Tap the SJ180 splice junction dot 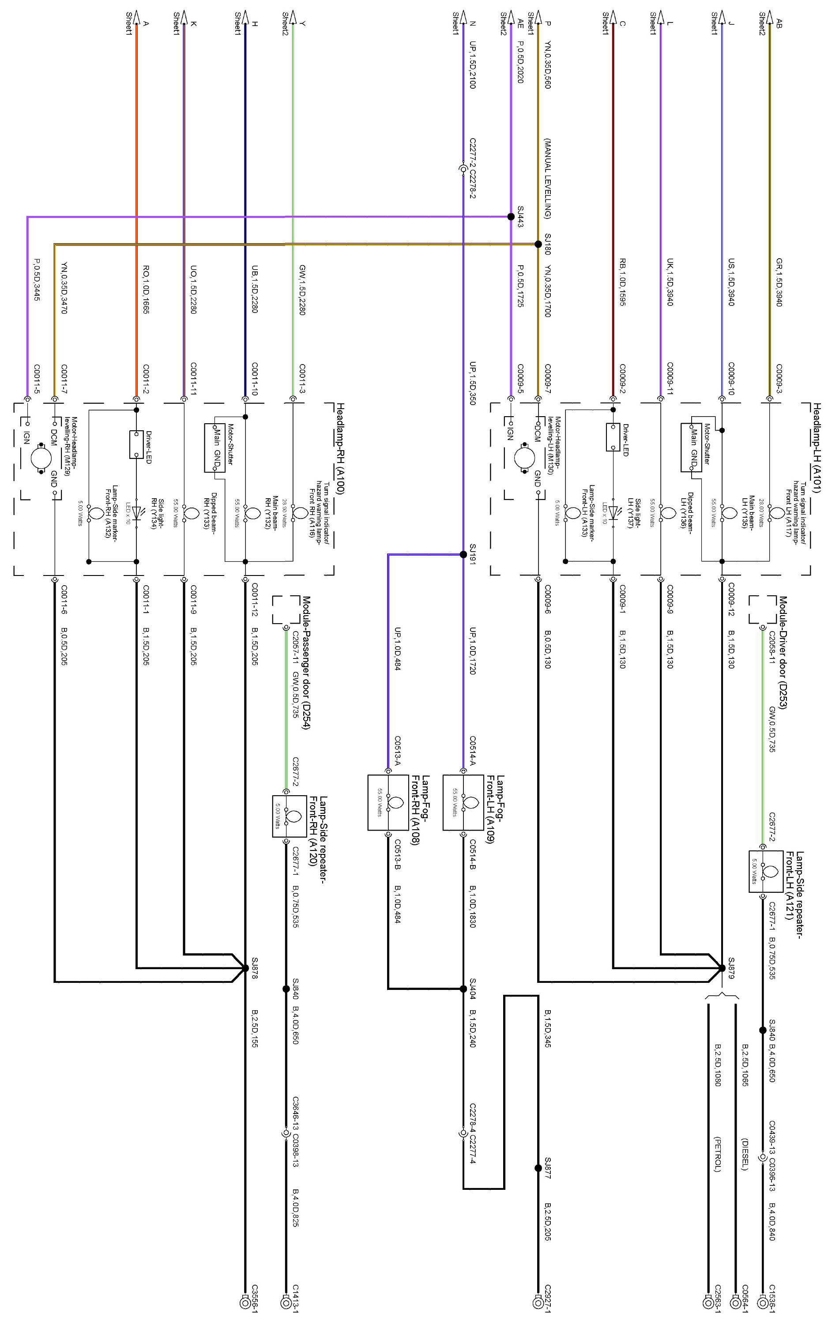pyautogui.click(x=538, y=244)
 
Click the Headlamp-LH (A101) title pyautogui.click(x=817, y=448)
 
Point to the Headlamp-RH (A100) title pyautogui.click(x=339, y=448)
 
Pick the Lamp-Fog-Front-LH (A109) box pyautogui.click(x=463, y=801)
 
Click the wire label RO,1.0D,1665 pyautogui.click(x=146, y=289)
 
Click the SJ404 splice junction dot pyautogui.click(x=463, y=988)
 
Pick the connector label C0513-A pyautogui.click(x=398, y=751)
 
